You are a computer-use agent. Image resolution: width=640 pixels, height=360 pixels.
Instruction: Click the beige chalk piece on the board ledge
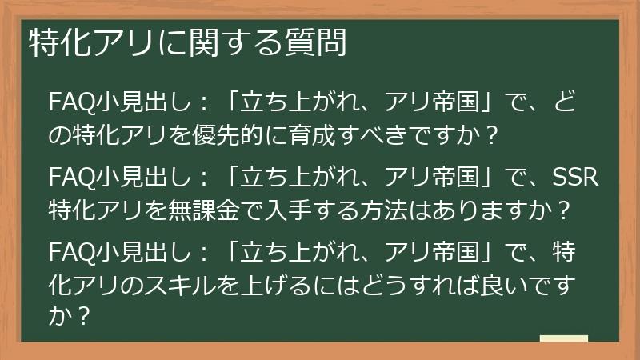pyautogui.click(x=563, y=339)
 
